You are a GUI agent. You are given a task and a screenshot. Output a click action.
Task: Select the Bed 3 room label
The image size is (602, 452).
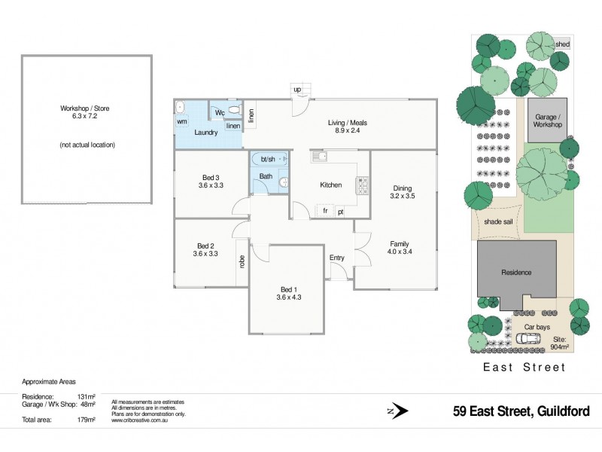[211, 180]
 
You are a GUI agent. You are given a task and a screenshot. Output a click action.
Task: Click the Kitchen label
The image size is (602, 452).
[330, 185]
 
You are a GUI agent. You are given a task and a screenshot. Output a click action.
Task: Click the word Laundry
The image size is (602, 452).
[205, 133]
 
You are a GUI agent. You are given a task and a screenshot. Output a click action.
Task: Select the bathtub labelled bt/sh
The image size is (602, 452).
[269, 160]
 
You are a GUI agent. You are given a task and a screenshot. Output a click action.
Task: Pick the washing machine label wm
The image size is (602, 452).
[182, 121]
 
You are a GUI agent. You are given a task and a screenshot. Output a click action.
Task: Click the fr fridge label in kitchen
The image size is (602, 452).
[325, 212]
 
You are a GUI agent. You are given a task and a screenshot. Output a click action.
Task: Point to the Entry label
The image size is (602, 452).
[336, 258]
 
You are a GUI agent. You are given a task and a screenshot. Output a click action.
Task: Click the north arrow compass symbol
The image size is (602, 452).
[400, 411]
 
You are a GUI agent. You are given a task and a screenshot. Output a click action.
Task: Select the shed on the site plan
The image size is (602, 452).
[562, 44]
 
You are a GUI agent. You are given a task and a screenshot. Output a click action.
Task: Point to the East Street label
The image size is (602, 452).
[523, 367]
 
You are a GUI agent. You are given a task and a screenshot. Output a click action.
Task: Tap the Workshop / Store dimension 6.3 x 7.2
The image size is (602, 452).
[85, 117]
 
